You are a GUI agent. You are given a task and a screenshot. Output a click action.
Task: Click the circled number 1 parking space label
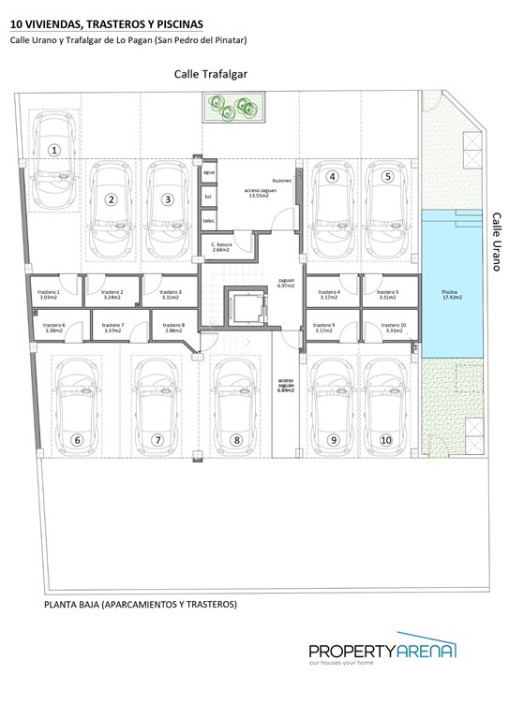point(54,149)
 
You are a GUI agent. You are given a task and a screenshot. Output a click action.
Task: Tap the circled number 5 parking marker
point(386,176)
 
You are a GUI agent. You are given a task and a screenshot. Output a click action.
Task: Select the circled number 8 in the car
point(236,439)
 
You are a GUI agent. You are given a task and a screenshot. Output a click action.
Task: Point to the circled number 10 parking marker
point(385,439)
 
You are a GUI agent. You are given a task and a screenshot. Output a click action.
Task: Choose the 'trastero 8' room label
point(173,328)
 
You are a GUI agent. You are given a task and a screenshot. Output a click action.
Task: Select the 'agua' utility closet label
point(209,174)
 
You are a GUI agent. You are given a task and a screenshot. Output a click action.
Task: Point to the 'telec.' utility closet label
point(209,221)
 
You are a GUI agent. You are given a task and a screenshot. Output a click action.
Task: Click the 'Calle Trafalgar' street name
point(210,75)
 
